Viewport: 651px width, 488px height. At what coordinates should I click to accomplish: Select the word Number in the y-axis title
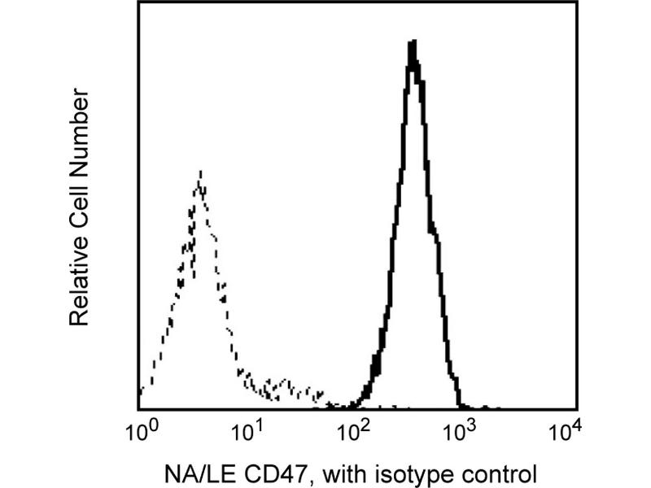(79, 129)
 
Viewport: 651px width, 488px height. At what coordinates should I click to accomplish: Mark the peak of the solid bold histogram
(413, 42)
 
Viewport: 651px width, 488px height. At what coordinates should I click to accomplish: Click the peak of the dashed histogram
(199, 172)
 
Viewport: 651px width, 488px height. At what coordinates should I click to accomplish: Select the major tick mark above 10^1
(246, 404)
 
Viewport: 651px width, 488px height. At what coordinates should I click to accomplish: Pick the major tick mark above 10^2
(352, 404)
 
